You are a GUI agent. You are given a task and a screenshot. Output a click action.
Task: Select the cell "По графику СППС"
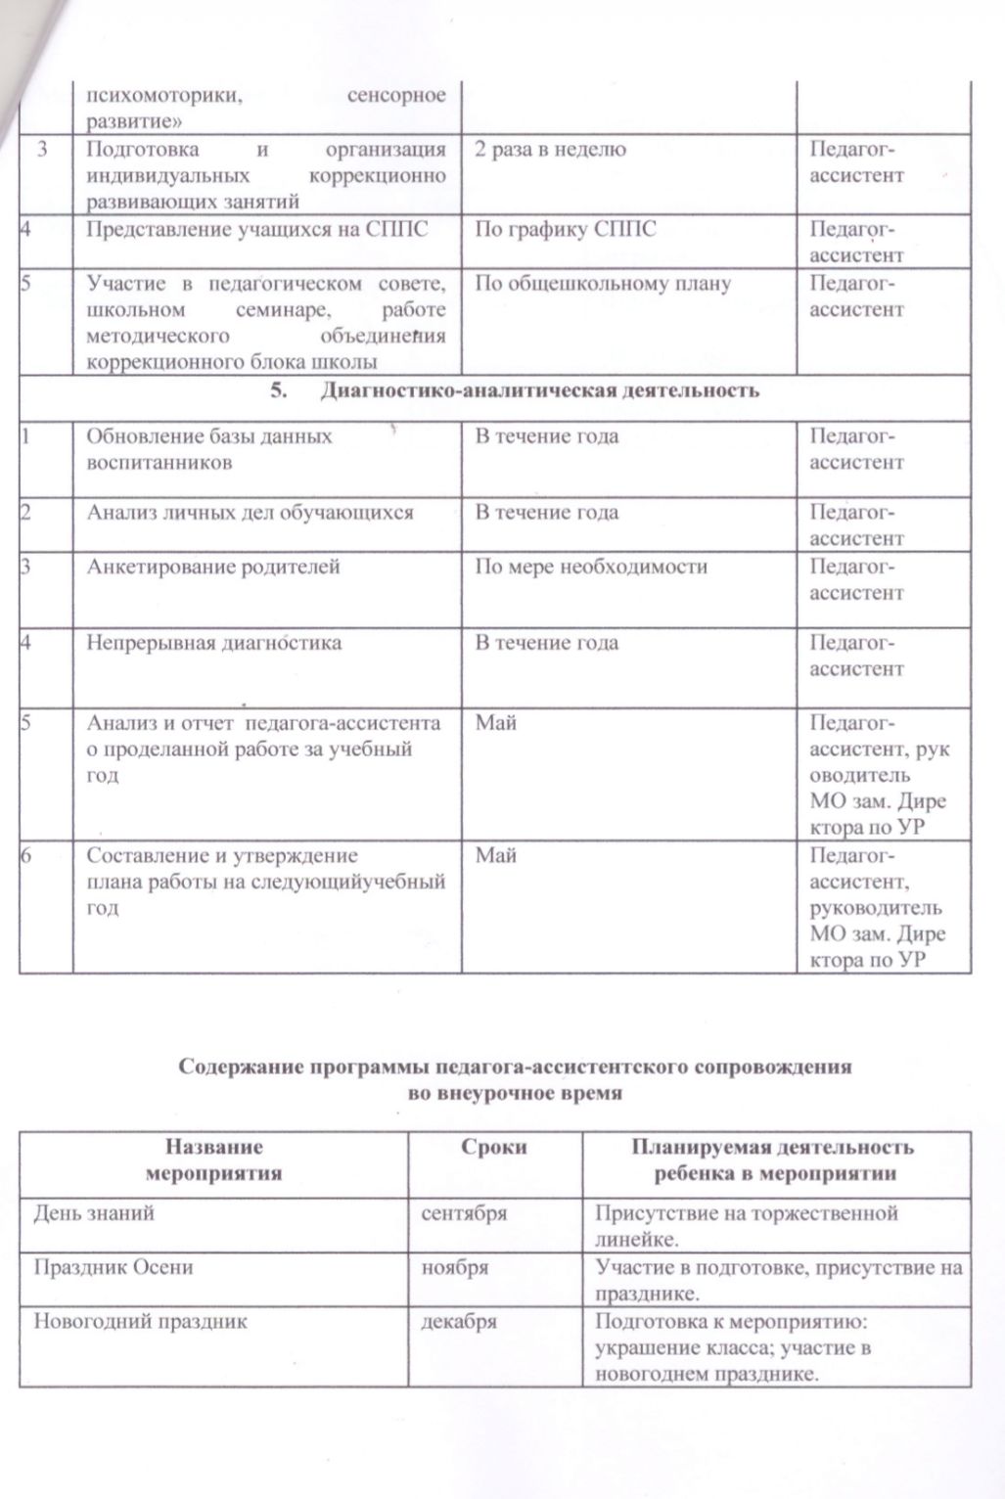565,230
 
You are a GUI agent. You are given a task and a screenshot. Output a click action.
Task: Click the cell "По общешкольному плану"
603,284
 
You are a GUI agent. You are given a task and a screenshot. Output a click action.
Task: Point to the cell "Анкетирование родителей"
213,567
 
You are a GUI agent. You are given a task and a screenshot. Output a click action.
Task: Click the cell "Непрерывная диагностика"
214,643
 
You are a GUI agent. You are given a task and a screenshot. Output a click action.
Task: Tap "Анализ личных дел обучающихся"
251,512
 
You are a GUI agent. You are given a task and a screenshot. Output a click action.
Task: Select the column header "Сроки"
494,1147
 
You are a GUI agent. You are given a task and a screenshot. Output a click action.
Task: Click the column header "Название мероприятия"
214,1159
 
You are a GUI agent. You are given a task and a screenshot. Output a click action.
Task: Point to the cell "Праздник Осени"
114,1267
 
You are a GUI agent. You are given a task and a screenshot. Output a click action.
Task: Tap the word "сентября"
464,1213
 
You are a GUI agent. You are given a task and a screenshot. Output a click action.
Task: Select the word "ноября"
454,1267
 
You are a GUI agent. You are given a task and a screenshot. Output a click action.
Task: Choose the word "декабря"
458,1321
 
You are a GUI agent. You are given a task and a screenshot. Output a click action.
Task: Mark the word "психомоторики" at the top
160,96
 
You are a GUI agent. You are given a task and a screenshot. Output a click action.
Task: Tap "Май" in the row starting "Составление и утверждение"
495,855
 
